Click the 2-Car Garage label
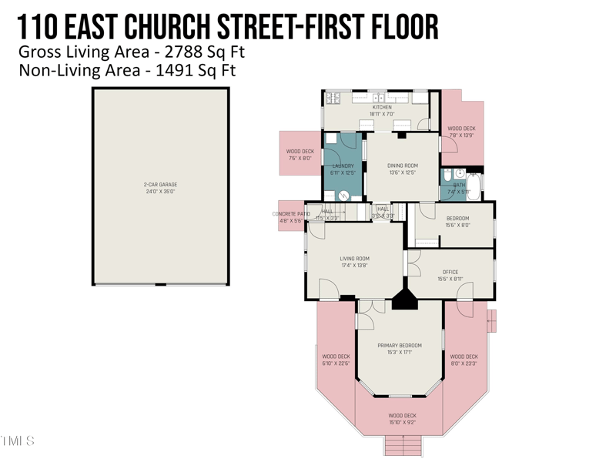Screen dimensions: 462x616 click(160, 185)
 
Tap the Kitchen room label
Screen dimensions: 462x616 click(382, 108)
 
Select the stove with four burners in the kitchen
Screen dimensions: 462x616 click(333, 98)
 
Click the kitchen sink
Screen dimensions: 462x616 click(379, 98)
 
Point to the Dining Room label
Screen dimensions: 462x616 click(402, 166)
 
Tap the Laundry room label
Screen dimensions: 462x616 click(343, 166)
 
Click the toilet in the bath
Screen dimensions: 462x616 click(460, 173)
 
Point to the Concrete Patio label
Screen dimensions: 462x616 click(292, 214)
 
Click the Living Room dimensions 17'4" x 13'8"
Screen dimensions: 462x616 click(355, 266)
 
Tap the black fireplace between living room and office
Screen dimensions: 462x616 click(404, 300)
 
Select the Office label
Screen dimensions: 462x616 click(450, 272)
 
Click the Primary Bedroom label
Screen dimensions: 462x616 click(400, 346)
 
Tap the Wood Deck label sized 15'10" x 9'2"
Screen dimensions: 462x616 click(402, 416)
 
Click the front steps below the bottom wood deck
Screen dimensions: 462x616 click(403, 444)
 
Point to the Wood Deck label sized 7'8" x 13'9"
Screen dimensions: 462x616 click(461, 129)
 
